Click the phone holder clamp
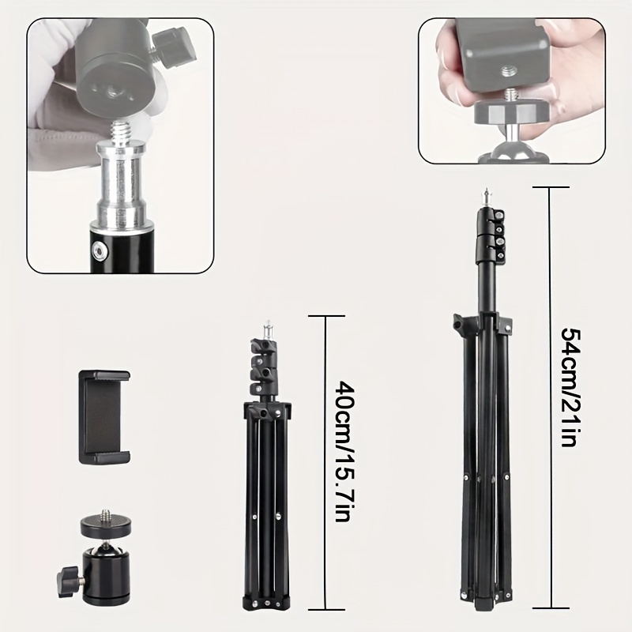(104, 417)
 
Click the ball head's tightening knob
(69, 581)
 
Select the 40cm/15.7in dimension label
(344, 451)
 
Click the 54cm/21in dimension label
(570, 387)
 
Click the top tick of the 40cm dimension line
(326, 316)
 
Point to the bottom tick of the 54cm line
(551, 608)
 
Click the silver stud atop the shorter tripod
(267, 329)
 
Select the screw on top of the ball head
(107, 514)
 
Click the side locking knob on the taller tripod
(460, 323)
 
